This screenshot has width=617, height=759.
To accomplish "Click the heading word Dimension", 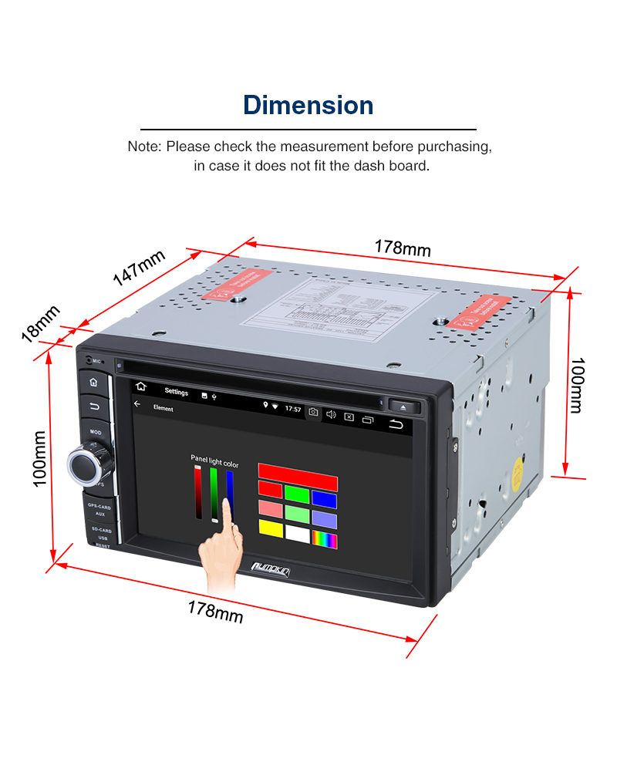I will (x=308, y=105).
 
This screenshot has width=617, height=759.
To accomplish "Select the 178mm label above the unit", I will (x=403, y=248).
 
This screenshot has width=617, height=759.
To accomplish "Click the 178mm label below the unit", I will (x=215, y=612).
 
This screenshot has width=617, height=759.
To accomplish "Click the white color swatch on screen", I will (x=296, y=531).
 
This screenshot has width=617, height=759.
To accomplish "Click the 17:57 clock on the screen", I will (x=293, y=409).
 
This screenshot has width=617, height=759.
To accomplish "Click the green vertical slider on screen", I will (x=214, y=494).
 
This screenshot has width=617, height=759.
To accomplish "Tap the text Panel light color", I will (x=214, y=465).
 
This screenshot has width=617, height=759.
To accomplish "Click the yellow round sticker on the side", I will (x=521, y=471).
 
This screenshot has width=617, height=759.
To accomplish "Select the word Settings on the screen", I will (x=176, y=392).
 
